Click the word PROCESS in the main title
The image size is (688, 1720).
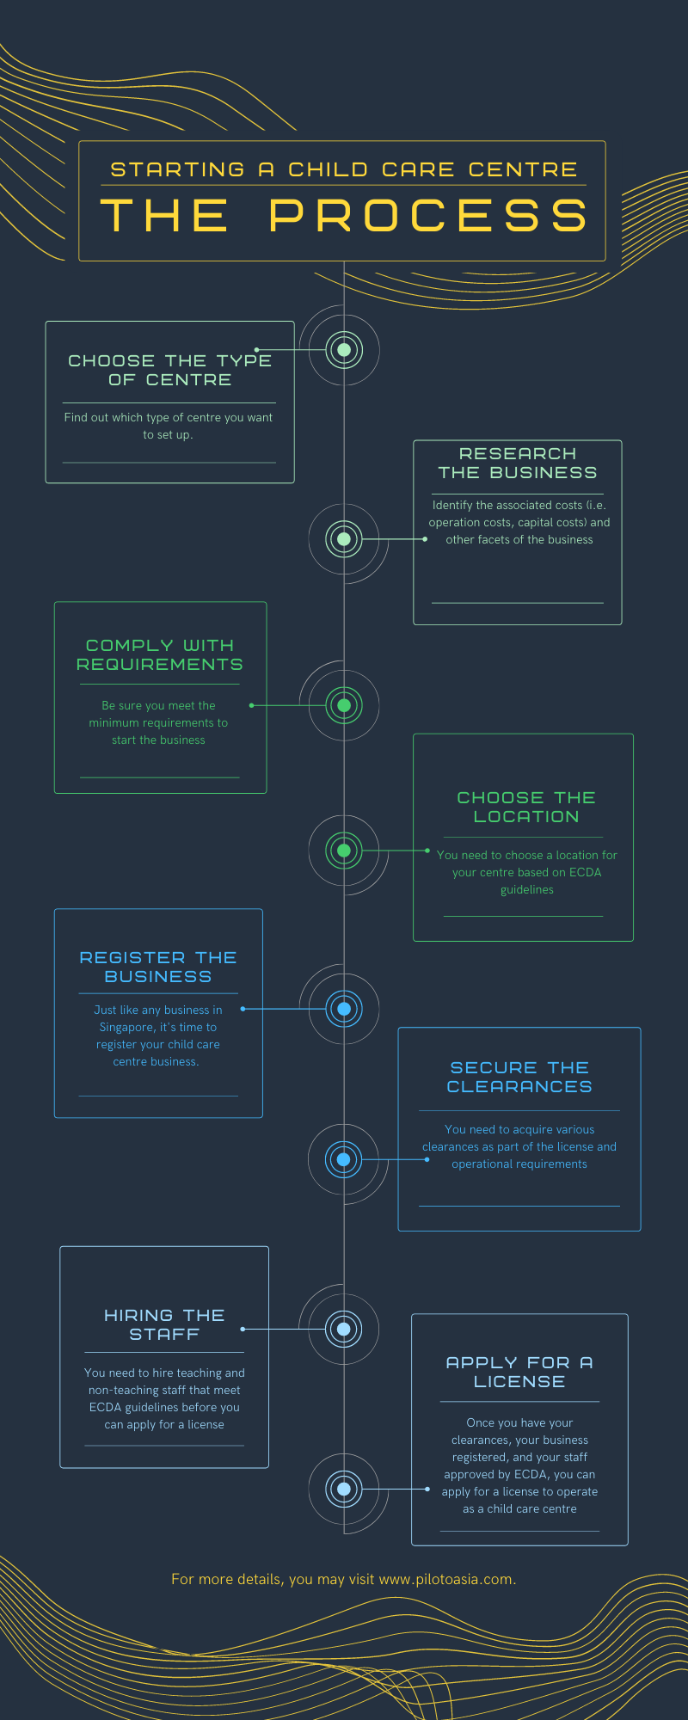tap(428, 216)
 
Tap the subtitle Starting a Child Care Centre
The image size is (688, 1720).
tap(344, 169)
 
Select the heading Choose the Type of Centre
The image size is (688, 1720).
tap(170, 370)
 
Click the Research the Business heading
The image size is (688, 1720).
tap(518, 463)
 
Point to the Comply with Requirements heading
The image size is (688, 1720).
tap(160, 654)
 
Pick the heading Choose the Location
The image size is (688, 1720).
tap(526, 807)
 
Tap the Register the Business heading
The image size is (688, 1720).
tap(158, 967)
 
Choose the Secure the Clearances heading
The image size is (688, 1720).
tap(519, 1077)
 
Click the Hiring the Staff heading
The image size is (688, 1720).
tap(164, 1324)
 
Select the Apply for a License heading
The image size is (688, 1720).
tap(519, 1372)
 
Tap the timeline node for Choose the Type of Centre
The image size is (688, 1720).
tap(344, 350)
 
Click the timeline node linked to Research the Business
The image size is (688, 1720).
tap(344, 539)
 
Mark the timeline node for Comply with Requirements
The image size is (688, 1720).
tap(344, 705)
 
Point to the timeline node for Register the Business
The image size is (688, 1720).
tap(344, 1009)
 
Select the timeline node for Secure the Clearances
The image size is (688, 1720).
tap(344, 1159)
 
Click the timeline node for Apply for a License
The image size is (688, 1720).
tap(344, 1489)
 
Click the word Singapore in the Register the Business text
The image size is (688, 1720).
tap(126, 1028)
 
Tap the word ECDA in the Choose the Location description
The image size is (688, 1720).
tap(585, 872)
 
